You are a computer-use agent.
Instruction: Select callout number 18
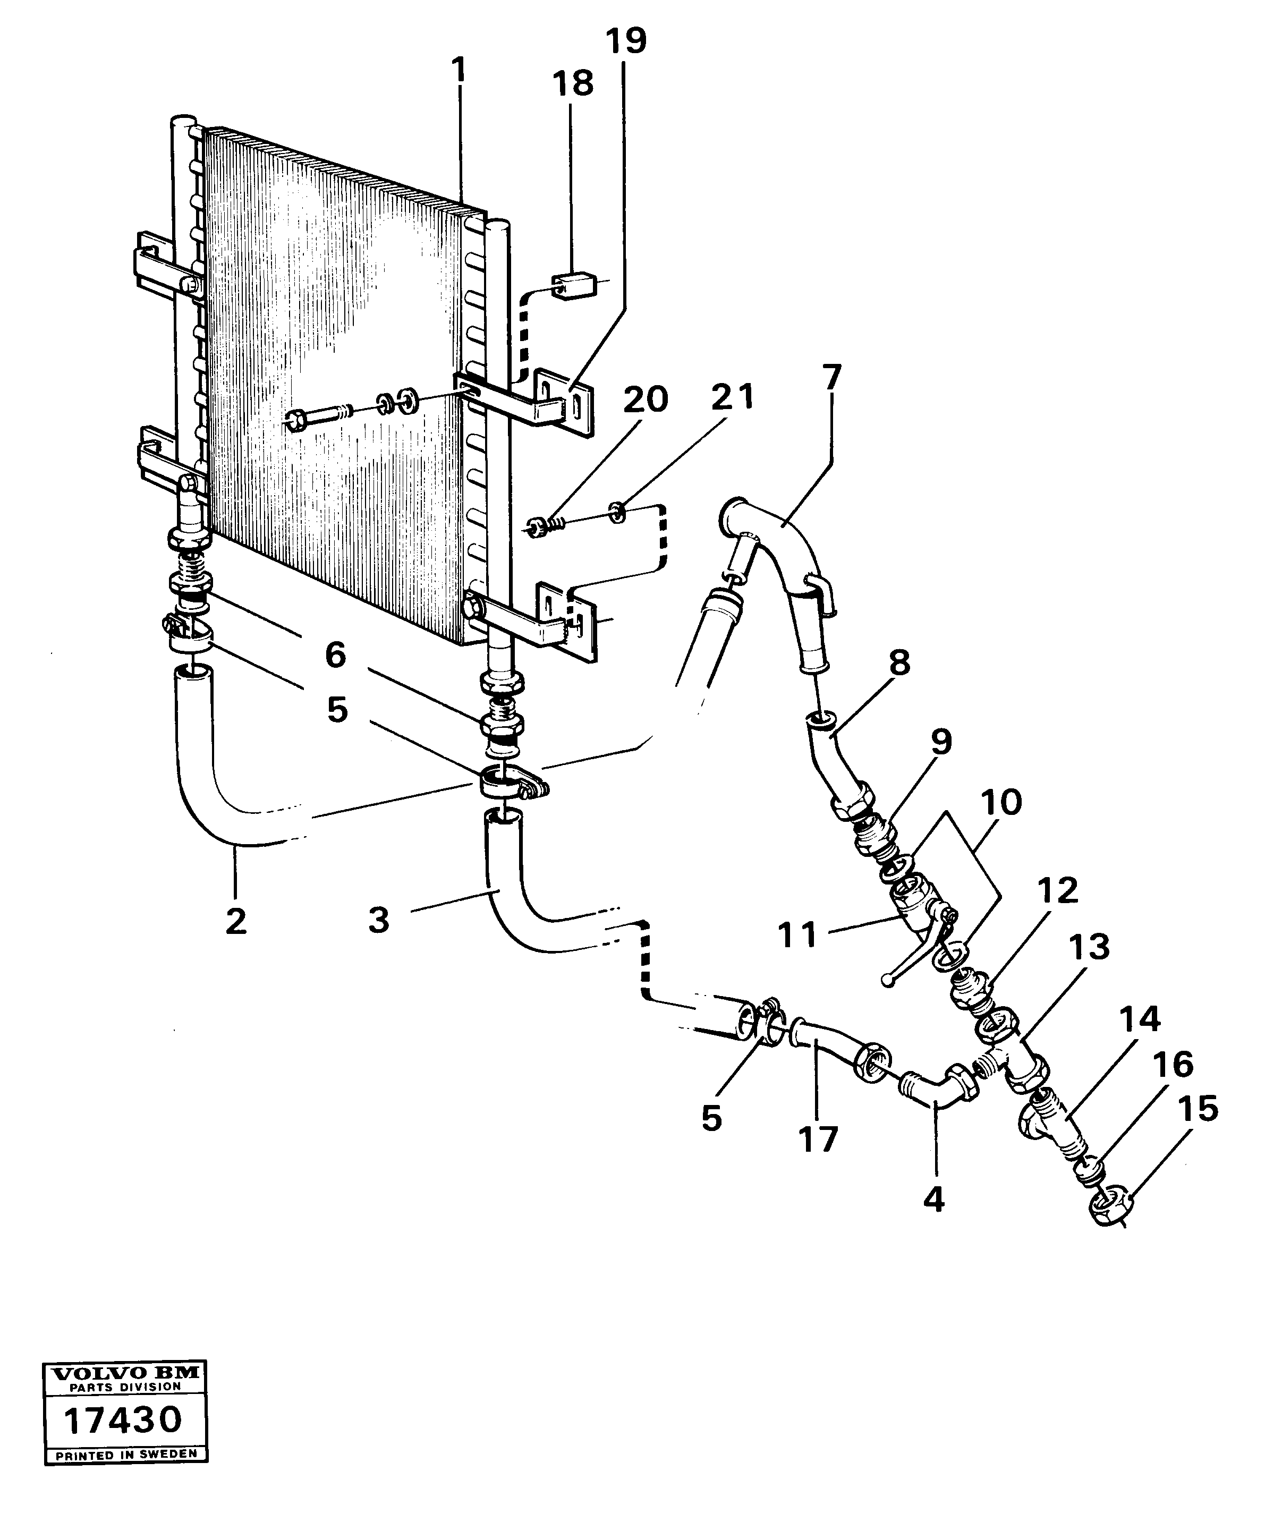pyautogui.click(x=573, y=84)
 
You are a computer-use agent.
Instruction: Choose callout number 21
pyautogui.click(x=732, y=398)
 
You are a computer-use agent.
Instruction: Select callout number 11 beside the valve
pyautogui.click(x=797, y=936)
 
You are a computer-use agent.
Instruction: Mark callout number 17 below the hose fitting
pyautogui.click(x=818, y=1138)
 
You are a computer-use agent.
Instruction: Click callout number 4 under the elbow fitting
pyautogui.click(x=935, y=1200)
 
